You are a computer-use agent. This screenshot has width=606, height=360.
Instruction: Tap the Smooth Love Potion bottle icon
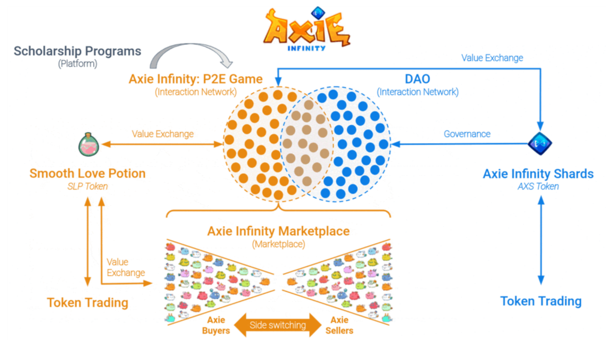pyautogui.click(x=89, y=144)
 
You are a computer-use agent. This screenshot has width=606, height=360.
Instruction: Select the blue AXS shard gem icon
pyautogui.click(x=540, y=143)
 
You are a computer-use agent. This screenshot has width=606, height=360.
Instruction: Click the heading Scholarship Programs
pyautogui.click(x=77, y=51)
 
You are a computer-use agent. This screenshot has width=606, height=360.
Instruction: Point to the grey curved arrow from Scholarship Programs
pyautogui.click(x=191, y=55)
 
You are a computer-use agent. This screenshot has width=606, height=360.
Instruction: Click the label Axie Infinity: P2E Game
pyautogui.click(x=195, y=79)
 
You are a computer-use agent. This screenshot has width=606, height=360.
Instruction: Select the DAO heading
pyautogui.click(x=417, y=79)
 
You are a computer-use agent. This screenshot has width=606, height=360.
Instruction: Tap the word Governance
pyautogui.click(x=467, y=134)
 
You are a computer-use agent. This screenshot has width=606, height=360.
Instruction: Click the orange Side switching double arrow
pyautogui.click(x=278, y=325)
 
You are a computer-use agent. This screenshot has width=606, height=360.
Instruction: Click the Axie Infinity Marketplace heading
pyautogui.click(x=278, y=232)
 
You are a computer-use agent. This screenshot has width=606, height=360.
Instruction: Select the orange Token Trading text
pyautogui.click(x=87, y=302)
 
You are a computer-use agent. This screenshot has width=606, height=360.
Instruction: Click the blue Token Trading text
pyautogui.click(x=541, y=301)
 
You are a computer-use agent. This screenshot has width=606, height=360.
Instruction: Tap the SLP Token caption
pyautogui.click(x=87, y=186)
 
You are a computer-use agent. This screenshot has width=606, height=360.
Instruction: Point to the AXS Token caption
pyautogui.click(x=538, y=186)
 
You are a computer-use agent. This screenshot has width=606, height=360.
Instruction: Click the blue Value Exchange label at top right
pyautogui.click(x=492, y=58)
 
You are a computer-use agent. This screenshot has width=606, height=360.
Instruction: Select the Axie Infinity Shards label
pyautogui.click(x=538, y=174)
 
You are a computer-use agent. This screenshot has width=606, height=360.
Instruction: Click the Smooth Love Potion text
pyautogui.click(x=87, y=173)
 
